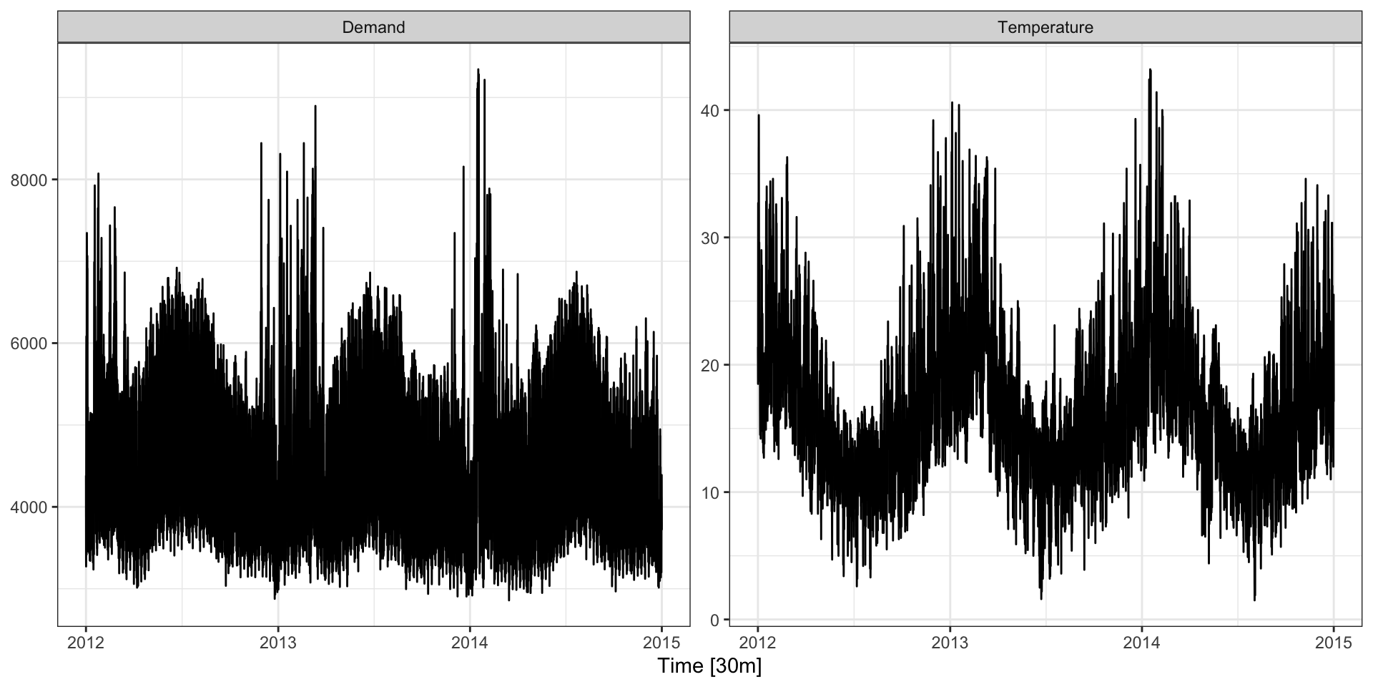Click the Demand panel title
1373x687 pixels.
tap(373, 27)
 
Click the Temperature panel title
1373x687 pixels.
tap(1045, 27)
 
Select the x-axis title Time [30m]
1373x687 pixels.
tap(709, 666)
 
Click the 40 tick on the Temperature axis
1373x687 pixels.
tap(710, 110)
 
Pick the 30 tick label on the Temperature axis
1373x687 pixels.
tap(710, 238)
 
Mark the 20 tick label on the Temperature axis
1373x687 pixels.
tap(710, 365)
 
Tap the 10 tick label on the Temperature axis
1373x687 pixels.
tap(710, 492)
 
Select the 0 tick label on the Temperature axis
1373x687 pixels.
tap(714, 620)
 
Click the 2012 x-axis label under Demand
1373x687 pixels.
tap(86, 643)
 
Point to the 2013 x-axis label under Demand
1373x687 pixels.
tap(277, 643)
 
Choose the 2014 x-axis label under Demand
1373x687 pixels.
tap(470, 643)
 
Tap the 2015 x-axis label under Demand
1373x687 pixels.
tap(661, 643)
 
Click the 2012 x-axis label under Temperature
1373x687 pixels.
tap(758, 643)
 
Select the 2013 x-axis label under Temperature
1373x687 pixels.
tap(950, 643)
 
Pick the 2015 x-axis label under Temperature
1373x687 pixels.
tap(1334, 643)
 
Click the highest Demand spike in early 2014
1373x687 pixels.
tap(478, 70)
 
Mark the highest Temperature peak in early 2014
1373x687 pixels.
tap(1150, 70)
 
